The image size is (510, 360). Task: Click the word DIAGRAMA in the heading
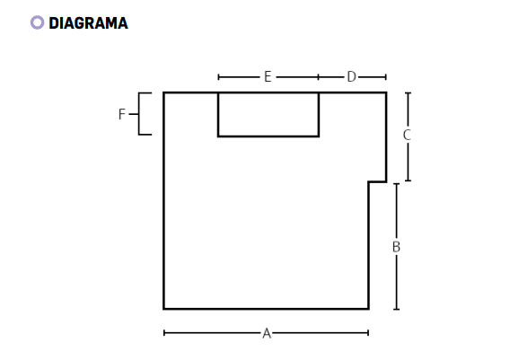(89, 23)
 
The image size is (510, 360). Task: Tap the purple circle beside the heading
(37, 22)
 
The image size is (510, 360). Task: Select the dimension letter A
(267, 334)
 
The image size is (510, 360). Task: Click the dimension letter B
(396, 247)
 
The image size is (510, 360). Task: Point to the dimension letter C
(407, 135)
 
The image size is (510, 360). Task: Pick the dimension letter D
(352, 77)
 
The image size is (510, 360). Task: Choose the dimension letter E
(268, 77)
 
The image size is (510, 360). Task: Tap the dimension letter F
(121, 114)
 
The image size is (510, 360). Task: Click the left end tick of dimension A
(164, 333)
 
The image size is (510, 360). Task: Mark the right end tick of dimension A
(368, 333)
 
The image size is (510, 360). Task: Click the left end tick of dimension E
(218, 77)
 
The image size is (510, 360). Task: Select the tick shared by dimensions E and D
(319, 77)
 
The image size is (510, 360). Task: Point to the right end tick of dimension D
(386, 77)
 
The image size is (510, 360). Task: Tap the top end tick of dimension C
(408, 93)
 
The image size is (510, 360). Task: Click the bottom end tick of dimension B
(397, 309)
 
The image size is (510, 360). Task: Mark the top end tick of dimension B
(397, 184)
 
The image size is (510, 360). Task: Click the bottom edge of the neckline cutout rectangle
(268, 136)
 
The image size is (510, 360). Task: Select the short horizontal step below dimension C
(378, 181)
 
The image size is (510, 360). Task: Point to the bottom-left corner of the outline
(163, 309)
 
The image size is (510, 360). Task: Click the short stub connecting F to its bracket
(134, 114)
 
